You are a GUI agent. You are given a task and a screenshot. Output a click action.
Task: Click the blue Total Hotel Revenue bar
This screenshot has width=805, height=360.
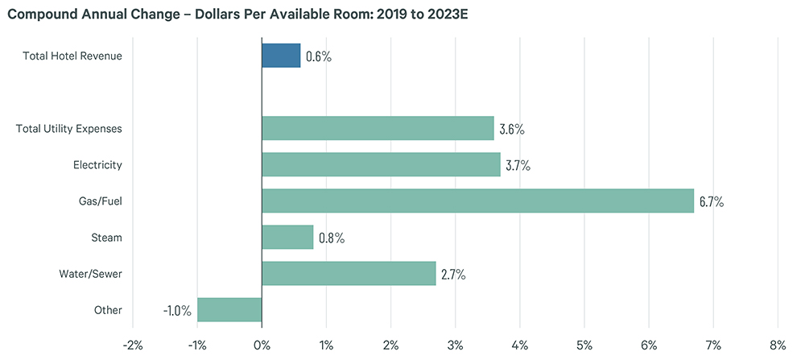(x=281, y=56)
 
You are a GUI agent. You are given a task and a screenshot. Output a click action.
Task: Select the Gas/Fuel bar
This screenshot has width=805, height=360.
(x=477, y=201)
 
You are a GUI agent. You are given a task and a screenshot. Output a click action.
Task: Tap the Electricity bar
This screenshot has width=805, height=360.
(x=381, y=164)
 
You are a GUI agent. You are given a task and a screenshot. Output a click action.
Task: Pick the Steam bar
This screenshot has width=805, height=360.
(x=287, y=237)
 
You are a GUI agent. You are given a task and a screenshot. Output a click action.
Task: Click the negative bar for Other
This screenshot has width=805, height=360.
(x=229, y=309)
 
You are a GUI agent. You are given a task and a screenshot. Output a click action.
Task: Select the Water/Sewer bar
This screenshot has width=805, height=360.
(x=349, y=273)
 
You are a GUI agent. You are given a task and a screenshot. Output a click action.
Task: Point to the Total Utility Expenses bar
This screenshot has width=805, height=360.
(x=378, y=128)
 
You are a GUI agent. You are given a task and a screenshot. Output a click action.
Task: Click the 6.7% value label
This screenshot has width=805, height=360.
(x=712, y=201)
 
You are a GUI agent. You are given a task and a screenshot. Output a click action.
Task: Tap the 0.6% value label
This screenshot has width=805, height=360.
(x=319, y=56)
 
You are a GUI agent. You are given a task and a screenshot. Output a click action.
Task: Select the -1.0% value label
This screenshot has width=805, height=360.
(x=177, y=310)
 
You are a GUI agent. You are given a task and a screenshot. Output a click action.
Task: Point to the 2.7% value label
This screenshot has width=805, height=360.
(x=453, y=274)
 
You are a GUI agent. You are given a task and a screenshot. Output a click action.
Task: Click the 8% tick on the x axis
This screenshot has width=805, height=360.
(x=777, y=346)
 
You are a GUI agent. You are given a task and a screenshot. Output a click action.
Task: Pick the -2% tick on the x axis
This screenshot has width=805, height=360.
(x=132, y=346)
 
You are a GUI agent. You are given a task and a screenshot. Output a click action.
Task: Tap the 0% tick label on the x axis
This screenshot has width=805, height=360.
(x=262, y=346)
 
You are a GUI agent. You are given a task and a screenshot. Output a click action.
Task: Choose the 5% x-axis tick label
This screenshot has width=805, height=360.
(x=584, y=346)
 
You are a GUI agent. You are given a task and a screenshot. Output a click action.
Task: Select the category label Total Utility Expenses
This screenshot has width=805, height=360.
(x=69, y=128)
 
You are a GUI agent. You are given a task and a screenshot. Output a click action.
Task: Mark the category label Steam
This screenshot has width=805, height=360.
(x=107, y=237)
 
